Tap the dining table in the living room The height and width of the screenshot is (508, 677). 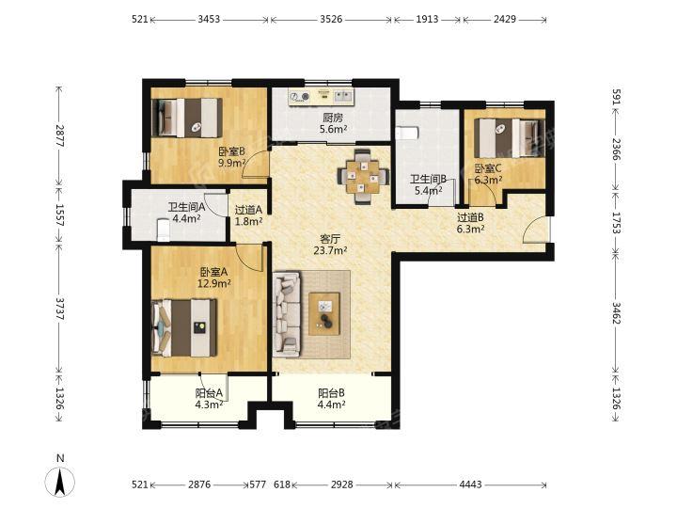click(x=363, y=176)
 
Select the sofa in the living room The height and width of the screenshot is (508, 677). click(x=287, y=313)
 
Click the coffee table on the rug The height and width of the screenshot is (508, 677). click(x=324, y=313)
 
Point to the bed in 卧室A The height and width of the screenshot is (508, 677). click(x=184, y=328)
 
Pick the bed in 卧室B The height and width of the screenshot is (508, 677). click(x=187, y=118)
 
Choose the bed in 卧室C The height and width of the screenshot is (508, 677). click(x=509, y=138)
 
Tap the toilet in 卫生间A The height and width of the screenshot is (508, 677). click(x=164, y=230)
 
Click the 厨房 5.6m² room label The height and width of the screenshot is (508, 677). click(x=333, y=123)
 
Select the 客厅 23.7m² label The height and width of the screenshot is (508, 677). click(x=330, y=245)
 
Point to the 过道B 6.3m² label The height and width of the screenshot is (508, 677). click(x=470, y=223)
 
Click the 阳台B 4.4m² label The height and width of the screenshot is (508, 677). click(x=331, y=399)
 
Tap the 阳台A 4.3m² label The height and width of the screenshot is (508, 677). click(x=209, y=399)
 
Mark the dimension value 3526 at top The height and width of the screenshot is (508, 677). click(x=330, y=19)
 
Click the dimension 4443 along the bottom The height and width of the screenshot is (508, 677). click(x=470, y=484)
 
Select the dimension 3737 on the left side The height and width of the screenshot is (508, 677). click(x=59, y=309)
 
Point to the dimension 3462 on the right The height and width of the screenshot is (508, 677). click(x=616, y=313)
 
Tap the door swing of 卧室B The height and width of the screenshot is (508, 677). click(x=255, y=165)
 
